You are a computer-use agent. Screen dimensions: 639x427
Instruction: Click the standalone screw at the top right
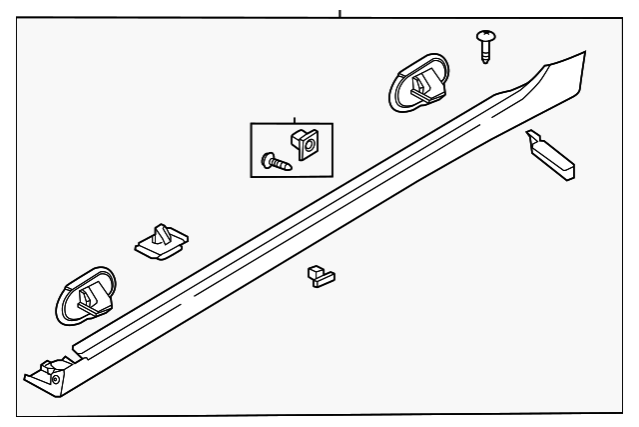click(485, 46)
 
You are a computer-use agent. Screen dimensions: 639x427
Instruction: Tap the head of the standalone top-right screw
click(485, 38)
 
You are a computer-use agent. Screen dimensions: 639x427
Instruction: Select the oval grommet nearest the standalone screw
click(418, 83)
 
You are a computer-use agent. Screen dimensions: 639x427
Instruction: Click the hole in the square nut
click(306, 144)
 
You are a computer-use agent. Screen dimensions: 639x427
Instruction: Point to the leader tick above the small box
click(295, 118)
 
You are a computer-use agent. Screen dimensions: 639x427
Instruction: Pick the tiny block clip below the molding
click(319, 275)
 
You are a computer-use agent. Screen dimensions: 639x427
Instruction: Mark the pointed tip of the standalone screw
click(486, 59)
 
